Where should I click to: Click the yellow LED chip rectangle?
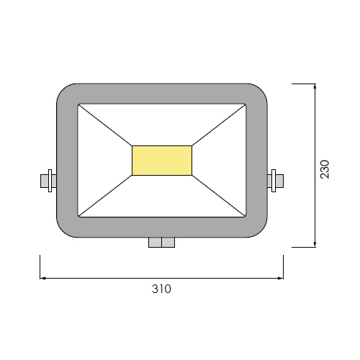[162, 161]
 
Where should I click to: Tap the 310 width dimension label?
[161, 289]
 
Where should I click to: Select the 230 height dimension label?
[325, 169]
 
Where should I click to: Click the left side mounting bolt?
[48, 181]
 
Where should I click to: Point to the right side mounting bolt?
[275, 181]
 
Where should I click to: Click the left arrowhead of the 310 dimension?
[42, 278]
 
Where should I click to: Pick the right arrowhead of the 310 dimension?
[281, 278]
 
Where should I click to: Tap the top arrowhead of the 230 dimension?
[315, 86]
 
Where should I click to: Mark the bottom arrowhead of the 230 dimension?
[315, 244]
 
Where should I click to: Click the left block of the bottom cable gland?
[155, 243]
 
